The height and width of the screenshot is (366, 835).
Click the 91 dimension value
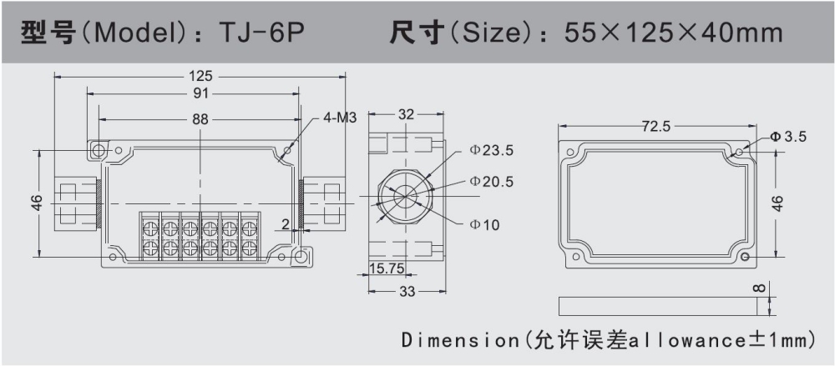tap(200, 93)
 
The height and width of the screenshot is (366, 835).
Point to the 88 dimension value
tap(200, 119)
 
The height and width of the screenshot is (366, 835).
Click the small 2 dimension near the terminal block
tap(286, 224)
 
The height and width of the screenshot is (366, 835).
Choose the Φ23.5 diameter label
tap(491, 150)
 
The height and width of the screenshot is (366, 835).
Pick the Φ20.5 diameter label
tap(491, 181)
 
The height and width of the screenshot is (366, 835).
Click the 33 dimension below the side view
tap(406, 291)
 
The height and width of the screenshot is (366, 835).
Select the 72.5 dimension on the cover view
tap(655, 127)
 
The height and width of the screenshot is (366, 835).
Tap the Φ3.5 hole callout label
tap(788, 137)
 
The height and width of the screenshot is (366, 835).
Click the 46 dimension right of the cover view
tap(778, 203)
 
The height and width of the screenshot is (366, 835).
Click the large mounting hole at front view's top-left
tap(98, 151)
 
